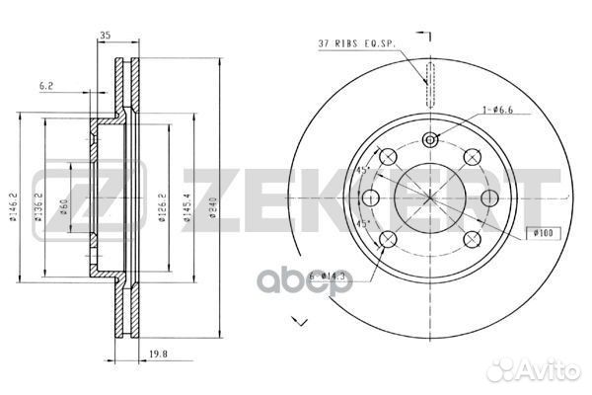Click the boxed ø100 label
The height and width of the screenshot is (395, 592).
coord(543,232)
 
